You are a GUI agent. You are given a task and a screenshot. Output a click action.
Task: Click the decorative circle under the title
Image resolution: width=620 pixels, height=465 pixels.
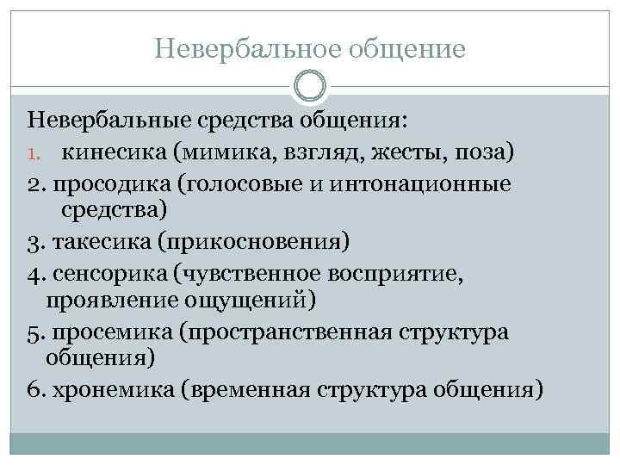pos(310,84)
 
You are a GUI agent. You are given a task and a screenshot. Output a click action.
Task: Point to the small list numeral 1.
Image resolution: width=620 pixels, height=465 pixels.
pos(33,155)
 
